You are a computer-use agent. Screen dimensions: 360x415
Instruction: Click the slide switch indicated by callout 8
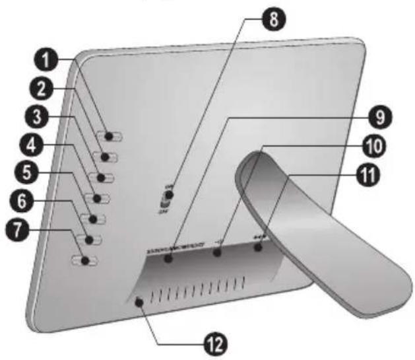tap(168, 196)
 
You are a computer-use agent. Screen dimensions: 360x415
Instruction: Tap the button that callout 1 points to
tap(109, 136)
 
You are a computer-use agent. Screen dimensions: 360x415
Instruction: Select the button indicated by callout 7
tap(86, 261)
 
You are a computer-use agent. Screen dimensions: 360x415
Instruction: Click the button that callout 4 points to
tap(99, 198)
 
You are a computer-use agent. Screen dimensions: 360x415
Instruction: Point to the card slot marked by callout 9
tap(170, 258)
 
